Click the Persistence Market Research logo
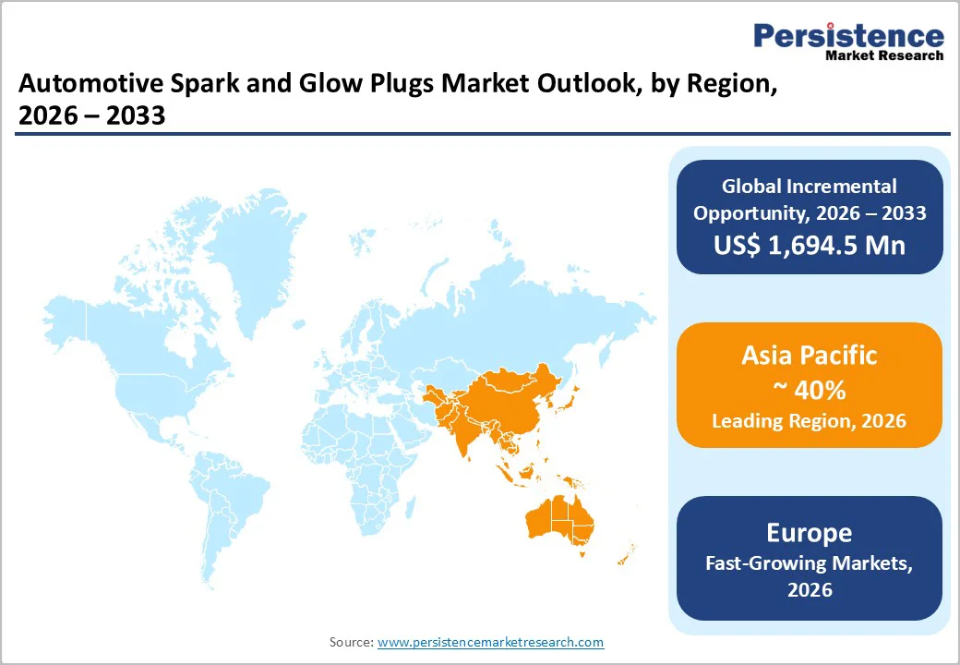click(848, 41)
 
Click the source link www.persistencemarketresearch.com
click(490, 642)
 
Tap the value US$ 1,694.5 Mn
click(809, 245)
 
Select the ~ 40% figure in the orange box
click(809, 390)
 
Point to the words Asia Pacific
click(809, 356)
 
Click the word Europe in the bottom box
click(809, 533)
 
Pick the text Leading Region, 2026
click(809, 421)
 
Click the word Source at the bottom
click(351, 642)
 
